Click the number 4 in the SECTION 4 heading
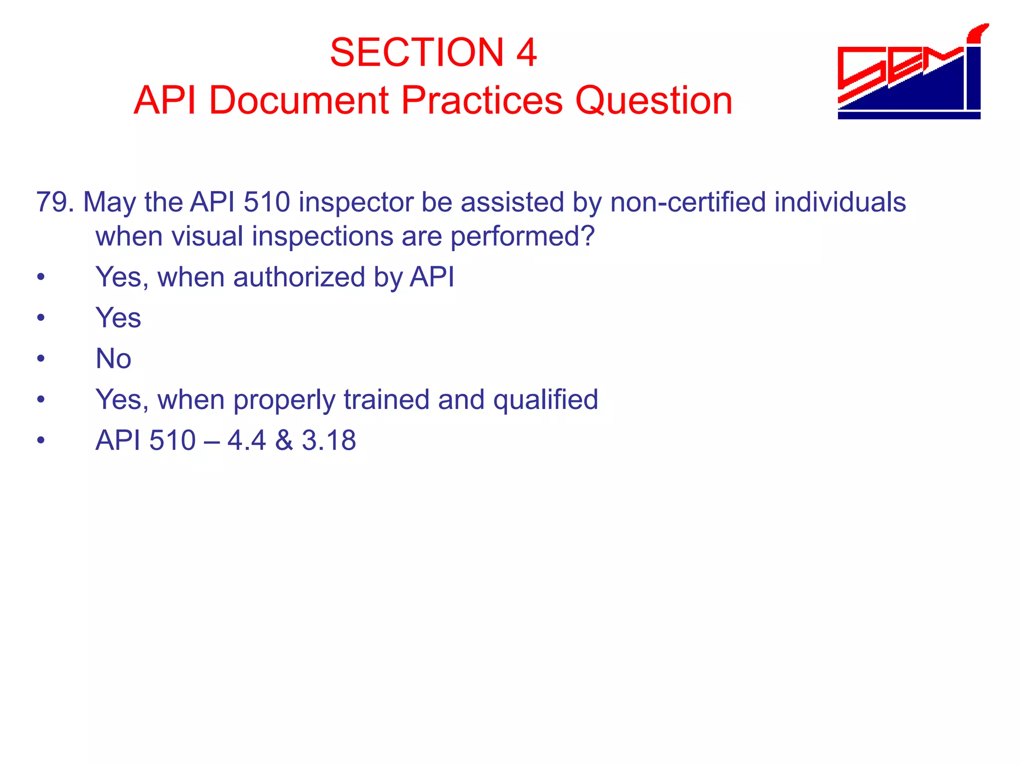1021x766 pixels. pyautogui.click(x=526, y=52)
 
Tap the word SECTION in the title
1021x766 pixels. pyautogui.click(x=417, y=52)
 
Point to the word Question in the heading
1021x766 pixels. pyautogui.click(x=654, y=100)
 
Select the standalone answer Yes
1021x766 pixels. pyautogui.click(x=118, y=318)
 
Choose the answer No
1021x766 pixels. pyautogui.click(x=113, y=359)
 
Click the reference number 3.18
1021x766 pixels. pyautogui.click(x=329, y=440)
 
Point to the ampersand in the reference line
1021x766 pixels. pyautogui.click(x=284, y=440)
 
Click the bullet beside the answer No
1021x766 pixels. pyautogui.click(x=41, y=359)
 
